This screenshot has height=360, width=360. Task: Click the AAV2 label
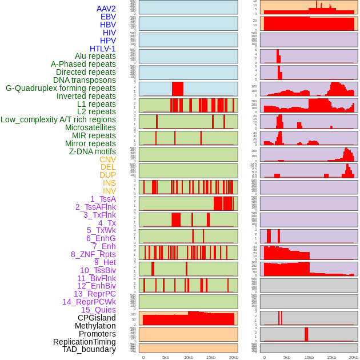point(106,9)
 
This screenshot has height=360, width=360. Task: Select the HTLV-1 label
point(103,49)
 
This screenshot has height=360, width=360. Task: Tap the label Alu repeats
point(95,56)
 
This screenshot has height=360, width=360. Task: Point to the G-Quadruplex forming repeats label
point(61,88)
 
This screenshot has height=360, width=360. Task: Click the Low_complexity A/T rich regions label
point(58,119)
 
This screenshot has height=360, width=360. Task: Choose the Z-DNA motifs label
point(93,151)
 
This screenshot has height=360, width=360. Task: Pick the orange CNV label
point(107,159)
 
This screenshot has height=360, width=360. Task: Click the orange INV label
point(109,191)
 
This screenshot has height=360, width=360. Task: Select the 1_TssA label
point(103,199)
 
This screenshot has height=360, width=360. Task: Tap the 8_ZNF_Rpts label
point(93,254)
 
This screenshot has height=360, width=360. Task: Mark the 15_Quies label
point(98,310)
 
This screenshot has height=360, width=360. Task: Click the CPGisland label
point(97,318)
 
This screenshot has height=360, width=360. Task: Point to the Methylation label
point(95,326)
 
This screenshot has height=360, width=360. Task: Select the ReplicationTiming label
point(85,342)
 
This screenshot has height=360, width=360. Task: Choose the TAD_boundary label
point(89,349)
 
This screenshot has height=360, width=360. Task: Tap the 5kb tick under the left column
point(166,357)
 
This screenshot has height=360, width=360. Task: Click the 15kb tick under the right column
point(331,357)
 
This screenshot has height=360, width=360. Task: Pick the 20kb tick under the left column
point(234,357)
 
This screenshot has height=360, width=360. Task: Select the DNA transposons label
point(85,80)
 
